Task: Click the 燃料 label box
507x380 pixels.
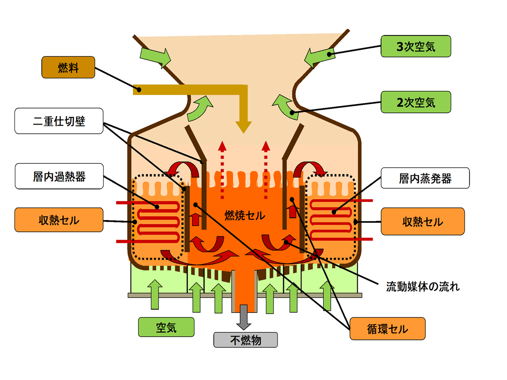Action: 68,67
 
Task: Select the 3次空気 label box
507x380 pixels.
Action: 416,47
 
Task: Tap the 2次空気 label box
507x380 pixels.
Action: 416,102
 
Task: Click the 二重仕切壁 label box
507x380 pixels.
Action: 59,121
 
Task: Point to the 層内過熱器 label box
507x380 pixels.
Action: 59,176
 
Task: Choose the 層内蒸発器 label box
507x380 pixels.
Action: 425,178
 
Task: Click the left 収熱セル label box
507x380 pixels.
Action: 59,221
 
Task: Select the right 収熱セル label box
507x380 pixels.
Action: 423,221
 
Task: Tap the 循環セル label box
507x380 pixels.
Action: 387,329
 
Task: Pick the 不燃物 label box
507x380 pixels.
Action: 245,339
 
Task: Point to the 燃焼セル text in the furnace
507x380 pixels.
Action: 244,215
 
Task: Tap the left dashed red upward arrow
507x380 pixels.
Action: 222,168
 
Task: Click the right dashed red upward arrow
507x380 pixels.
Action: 266,168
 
